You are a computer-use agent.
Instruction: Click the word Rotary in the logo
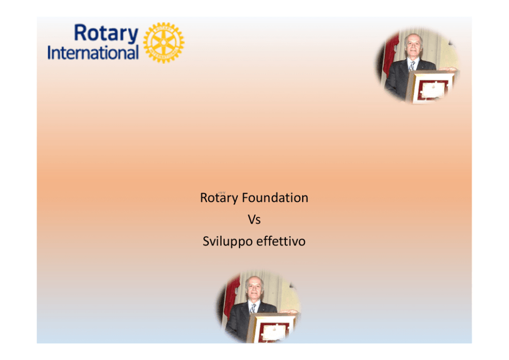pyautogui.click(x=106, y=34)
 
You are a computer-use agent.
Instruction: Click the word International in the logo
pyautogui.click(x=93, y=52)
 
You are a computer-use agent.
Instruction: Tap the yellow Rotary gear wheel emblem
pyautogui.click(x=164, y=43)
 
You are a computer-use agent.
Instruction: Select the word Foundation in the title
pyautogui.click(x=275, y=198)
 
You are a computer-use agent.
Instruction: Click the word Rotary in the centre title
pyautogui.click(x=219, y=198)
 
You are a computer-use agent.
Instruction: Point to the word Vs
pyautogui.click(x=254, y=220)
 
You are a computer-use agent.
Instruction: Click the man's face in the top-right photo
pyautogui.click(x=413, y=46)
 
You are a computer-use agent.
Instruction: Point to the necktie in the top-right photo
pyautogui.click(x=412, y=66)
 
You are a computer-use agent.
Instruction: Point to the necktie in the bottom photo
pyautogui.click(x=252, y=308)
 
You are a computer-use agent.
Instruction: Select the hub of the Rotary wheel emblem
pyautogui.click(x=164, y=43)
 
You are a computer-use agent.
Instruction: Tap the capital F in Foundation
pyautogui.click(x=245, y=198)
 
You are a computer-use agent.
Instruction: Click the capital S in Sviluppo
pyautogui.click(x=206, y=241)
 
